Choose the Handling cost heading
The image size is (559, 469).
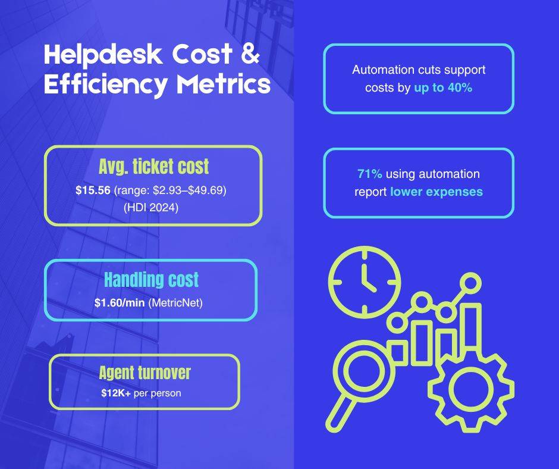click(x=151, y=279)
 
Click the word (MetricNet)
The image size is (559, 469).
click(x=176, y=302)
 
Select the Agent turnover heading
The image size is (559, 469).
click(x=145, y=373)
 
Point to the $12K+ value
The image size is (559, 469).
click(x=117, y=393)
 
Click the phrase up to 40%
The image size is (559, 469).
click(x=443, y=87)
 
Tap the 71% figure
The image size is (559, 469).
click(x=369, y=174)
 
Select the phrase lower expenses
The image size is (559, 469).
click(x=436, y=192)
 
